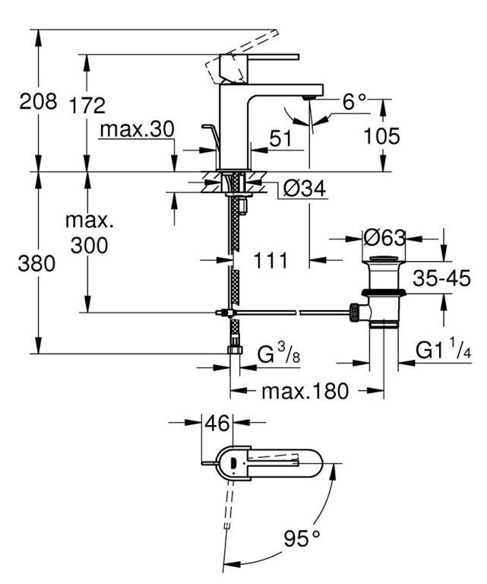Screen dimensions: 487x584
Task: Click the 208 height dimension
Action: coord(38,101)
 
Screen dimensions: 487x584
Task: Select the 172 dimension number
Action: coord(87,106)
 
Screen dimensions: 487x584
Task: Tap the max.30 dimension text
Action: coord(137,129)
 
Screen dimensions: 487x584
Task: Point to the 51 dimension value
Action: coord(281,138)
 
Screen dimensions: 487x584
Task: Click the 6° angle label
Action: coord(354,101)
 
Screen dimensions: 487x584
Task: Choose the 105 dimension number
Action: coord(381,136)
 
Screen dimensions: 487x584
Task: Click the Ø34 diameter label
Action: coord(305,189)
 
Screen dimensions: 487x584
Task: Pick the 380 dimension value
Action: coord(36,263)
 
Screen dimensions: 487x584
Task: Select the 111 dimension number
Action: coord(270,260)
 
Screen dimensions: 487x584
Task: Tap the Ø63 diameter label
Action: coord(384,237)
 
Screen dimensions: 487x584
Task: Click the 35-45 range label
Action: coord(441,278)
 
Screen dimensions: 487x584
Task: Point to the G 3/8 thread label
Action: coord(279,354)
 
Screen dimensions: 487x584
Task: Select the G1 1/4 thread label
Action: coord(444,351)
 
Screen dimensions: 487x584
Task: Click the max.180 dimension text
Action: coord(305,392)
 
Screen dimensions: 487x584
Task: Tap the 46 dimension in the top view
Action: coord(217,423)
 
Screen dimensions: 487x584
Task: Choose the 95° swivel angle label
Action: coord(302,538)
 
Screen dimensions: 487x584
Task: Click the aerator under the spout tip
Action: coord(309,97)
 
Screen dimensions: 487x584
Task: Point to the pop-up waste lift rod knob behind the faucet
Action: coord(207,128)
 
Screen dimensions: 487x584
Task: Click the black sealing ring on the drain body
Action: coord(384,292)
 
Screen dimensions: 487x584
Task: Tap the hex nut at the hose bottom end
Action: coord(235,350)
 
